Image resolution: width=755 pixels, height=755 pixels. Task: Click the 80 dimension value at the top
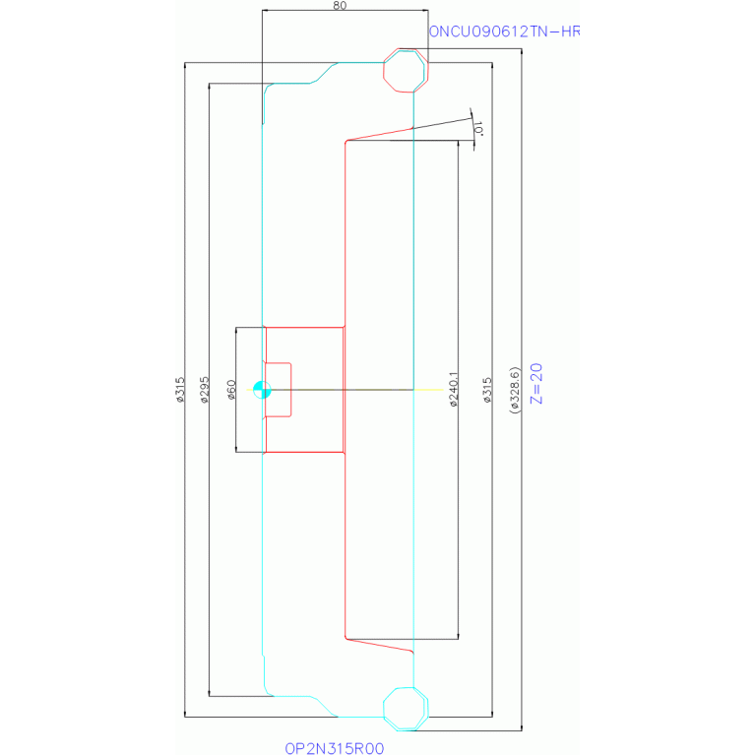point(340,5)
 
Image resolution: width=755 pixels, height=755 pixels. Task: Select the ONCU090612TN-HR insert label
point(504,31)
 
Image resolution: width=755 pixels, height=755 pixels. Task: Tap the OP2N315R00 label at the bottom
point(335,748)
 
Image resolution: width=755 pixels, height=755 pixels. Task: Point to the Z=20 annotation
point(536,383)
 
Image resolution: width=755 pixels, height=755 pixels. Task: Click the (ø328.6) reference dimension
point(515,390)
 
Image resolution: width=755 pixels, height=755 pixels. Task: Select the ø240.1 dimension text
point(454,390)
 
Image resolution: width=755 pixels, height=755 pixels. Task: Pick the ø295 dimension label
point(205,390)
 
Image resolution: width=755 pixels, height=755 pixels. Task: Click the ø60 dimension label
point(231,390)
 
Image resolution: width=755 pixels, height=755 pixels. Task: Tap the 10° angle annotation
point(478,128)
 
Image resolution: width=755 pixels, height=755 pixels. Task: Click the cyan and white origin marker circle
point(262,390)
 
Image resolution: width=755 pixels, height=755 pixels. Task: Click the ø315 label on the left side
point(179,390)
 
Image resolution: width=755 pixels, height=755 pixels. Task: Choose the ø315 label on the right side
point(487,390)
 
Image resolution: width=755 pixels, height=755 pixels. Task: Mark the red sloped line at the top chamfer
point(379,134)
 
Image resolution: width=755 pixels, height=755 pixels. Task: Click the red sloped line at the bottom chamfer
point(379,645)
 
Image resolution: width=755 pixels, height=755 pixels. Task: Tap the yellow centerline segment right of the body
point(428,390)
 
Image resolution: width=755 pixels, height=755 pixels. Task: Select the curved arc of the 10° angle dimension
point(472,129)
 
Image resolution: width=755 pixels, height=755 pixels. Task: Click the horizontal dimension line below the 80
point(346,10)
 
